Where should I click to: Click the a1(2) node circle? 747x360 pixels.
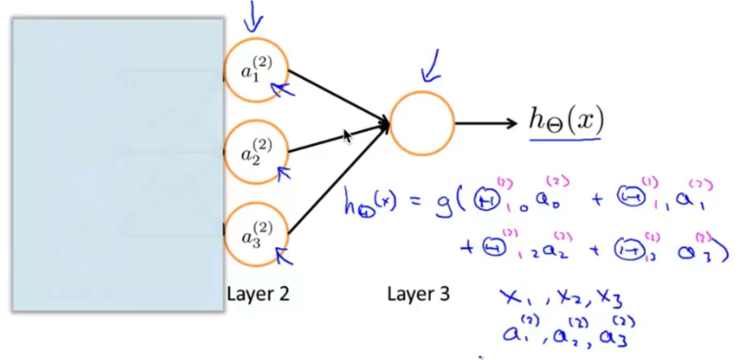(256, 70)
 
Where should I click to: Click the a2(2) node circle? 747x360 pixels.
(256, 152)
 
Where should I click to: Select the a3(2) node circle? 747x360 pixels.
(256, 234)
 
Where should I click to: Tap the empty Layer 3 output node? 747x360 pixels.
(421, 124)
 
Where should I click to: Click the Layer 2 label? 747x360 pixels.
(258, 294)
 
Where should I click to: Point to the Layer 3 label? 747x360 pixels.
(418, 294)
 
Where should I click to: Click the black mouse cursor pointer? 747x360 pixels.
(348, 136)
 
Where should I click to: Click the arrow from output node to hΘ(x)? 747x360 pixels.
(485, 124)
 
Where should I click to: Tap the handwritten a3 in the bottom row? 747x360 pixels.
(614, 336)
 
